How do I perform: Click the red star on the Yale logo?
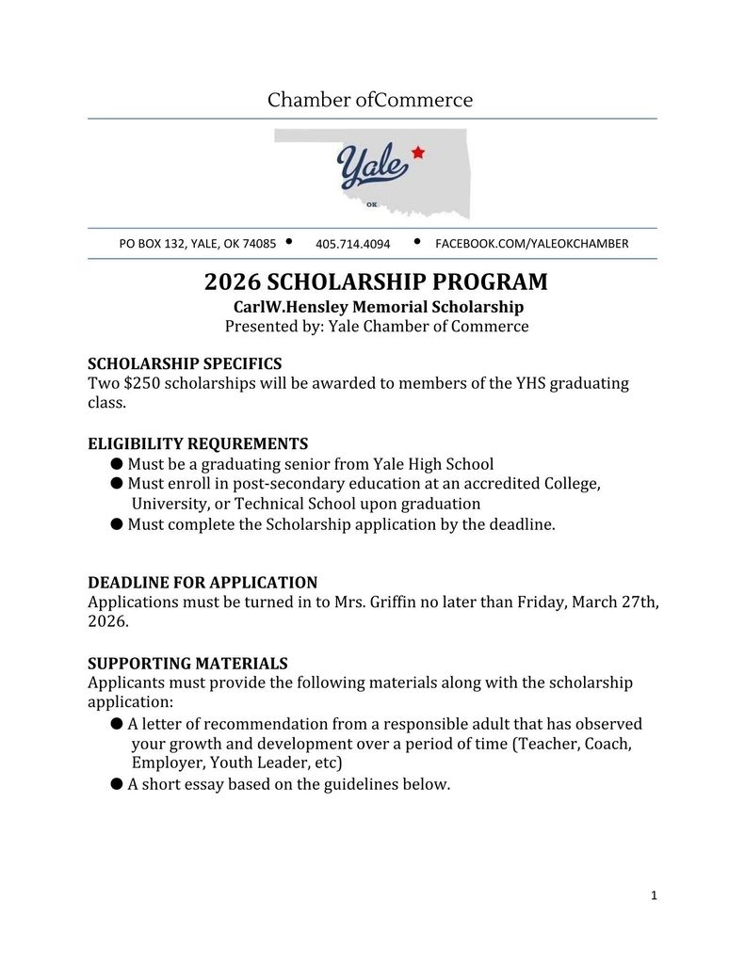pyautogui.click(x=418, y=153)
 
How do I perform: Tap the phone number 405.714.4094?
pyautogui.click(x=352, y=244)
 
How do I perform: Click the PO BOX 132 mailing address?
pyautogui.click(x=197, y=244)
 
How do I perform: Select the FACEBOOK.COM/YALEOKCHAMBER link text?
pyautogui.click(x=531, y=244)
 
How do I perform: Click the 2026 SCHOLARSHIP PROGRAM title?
pyautogui.click(x=376, y=282)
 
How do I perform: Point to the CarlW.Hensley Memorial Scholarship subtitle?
pyautogui.click(x=378, y=307)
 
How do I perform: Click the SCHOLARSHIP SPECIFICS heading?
pyautogui.click(x=185, y=363)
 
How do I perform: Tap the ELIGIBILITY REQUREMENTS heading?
pyautogui.click(x=198, y=443)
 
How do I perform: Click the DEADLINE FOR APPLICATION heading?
pyautogui.click(x=202, y=583)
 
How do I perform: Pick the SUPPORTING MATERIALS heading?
pyautogui.click(x=187, y=663)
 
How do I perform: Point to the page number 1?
pyautogui.click(x=654, y=895)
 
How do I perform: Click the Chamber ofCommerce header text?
pyautogui.click(x=370, y=100)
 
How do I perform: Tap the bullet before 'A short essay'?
pyautogui.click(x=117, y=783)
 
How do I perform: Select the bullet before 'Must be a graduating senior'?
pyautogui.click(x=117, y=464)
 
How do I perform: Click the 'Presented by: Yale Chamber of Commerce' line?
pyautogui.click(x=377, y=327)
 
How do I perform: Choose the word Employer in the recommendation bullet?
pyautogui.click(x=166, y=763)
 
